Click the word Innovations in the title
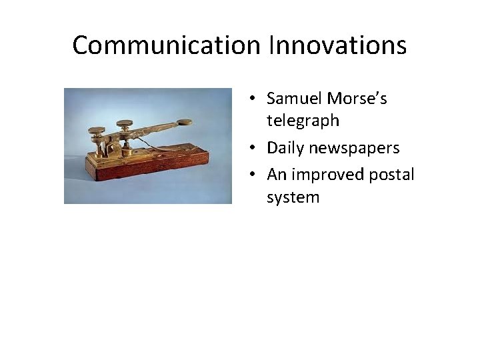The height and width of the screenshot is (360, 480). point(338,46)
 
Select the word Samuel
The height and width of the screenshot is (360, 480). point(294,99)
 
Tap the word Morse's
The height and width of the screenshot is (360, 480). point(357,99)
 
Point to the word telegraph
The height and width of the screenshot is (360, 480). point(303,121)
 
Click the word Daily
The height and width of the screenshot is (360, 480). point(285,148)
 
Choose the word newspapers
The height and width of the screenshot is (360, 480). point(354,148)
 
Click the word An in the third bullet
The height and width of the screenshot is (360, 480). point(276,175)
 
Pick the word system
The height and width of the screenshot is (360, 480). point(293,197)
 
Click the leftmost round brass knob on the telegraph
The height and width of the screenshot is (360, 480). point(97,130)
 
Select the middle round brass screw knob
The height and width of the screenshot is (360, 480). point(124,124)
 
